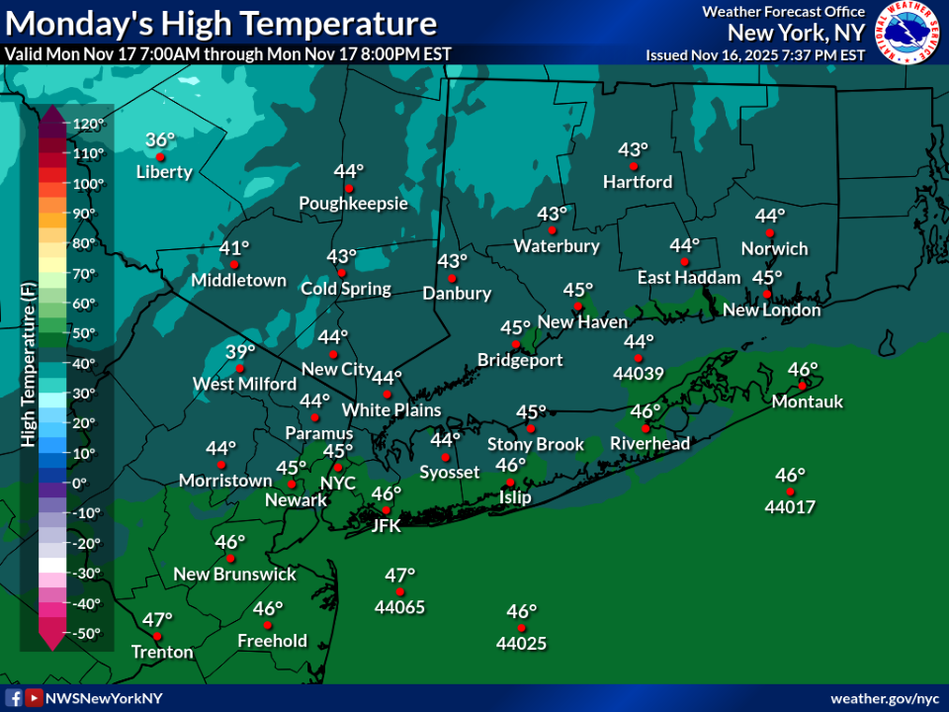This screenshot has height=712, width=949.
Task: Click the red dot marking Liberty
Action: [159, 157]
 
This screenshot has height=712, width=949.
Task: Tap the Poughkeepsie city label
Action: [354, 204]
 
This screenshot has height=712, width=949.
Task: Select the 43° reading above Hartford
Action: [633, 149]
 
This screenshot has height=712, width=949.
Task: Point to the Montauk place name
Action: [808, 401]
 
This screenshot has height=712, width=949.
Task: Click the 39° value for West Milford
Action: [239, 351]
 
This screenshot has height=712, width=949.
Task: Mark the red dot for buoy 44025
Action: [521, 628]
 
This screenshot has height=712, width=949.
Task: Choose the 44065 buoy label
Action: [399, 607]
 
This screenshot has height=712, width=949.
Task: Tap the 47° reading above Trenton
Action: [156, 620]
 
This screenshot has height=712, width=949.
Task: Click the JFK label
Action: [386, 526]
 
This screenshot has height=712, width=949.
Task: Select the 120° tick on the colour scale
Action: [87, 124]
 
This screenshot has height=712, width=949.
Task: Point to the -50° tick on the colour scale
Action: [87, 633]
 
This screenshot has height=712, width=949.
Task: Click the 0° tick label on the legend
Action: [80, 483]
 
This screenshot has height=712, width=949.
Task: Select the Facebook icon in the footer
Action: [15, 698]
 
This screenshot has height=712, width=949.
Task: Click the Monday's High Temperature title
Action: [220, 24]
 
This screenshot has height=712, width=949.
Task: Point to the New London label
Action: [772, 311]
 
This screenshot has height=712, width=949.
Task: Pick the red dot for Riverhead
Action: [646, 428]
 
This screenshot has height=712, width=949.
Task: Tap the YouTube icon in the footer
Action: [34, 698]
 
